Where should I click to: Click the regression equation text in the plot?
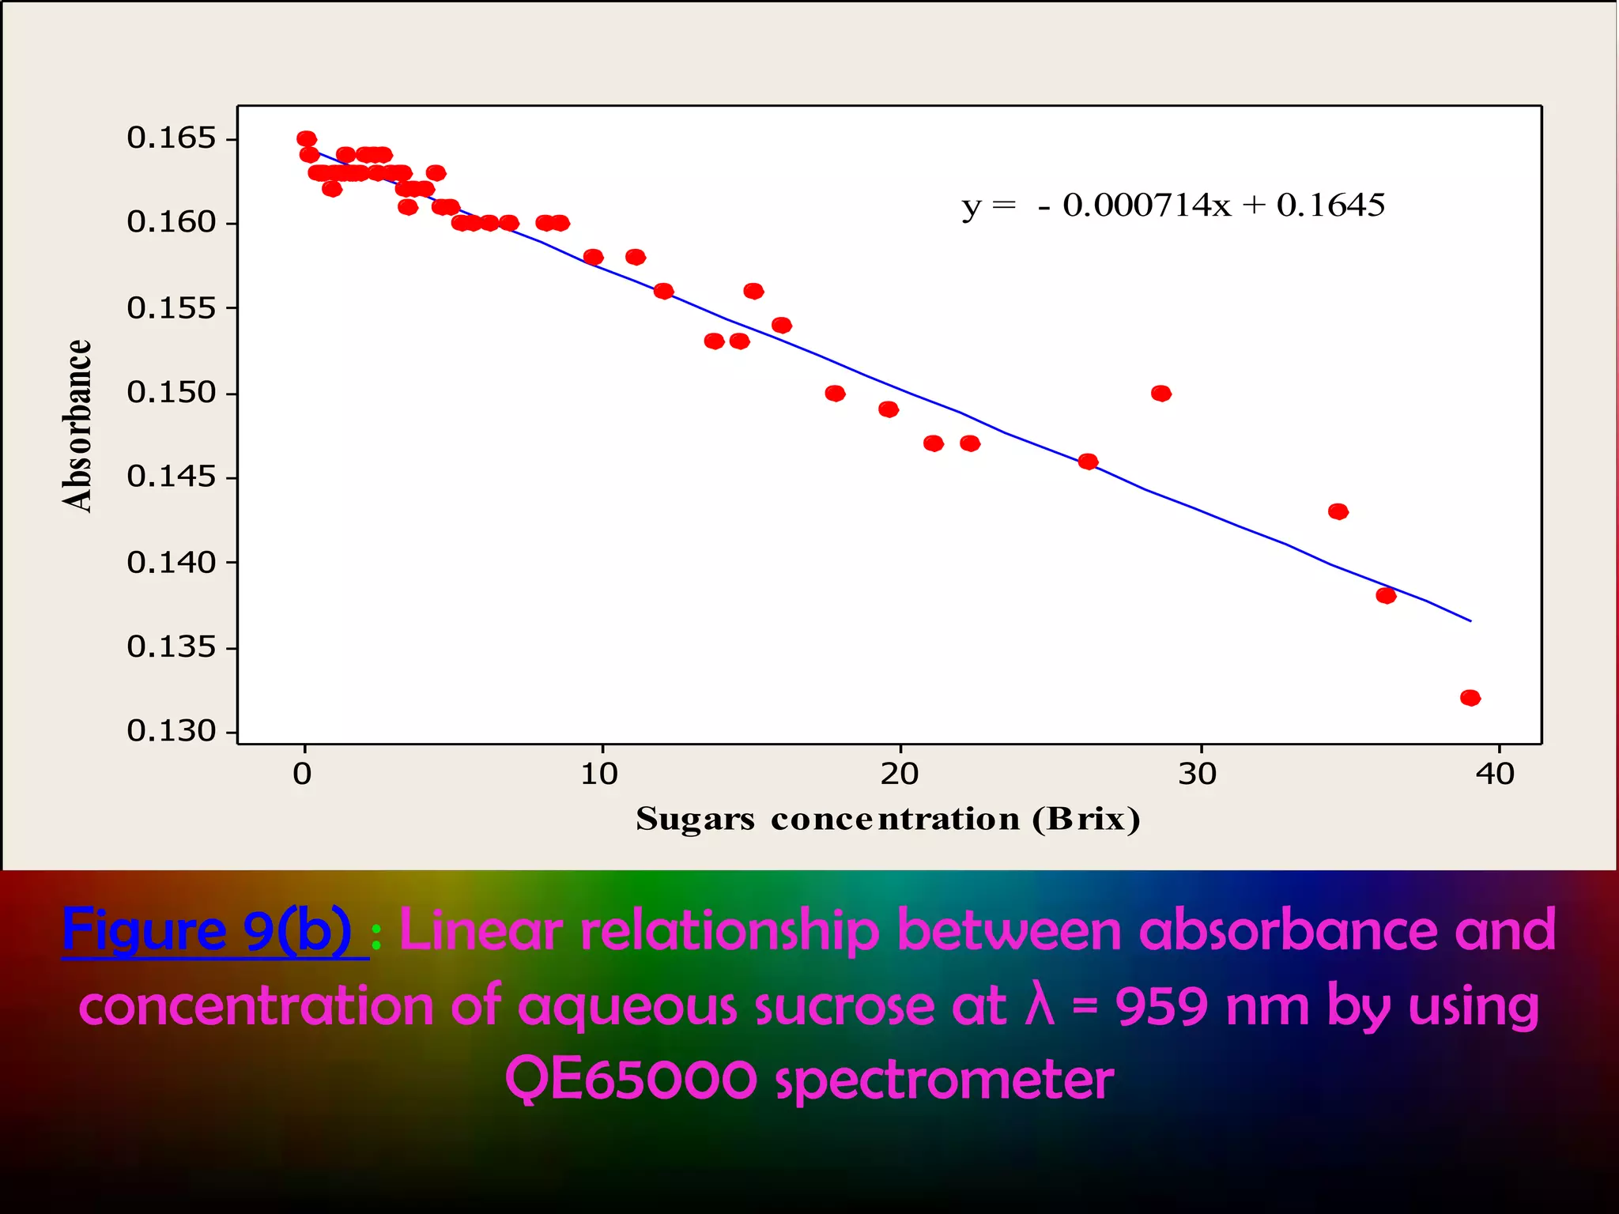coord(1173,205)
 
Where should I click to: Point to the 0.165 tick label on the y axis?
coord(171,138)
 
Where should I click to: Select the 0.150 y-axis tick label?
coord(171,393)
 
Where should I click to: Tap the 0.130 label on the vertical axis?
coord(171,732)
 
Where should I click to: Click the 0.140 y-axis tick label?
coord(171,563)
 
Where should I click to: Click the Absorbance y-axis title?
coord(77,427)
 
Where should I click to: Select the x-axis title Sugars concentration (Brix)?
coord(888,820)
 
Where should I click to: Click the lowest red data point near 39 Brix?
coord(1470,698)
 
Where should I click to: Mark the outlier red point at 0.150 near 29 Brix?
coord(1161,394)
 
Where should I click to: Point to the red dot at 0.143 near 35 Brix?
coord(1338,512)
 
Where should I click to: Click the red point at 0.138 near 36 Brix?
coord(1386,596)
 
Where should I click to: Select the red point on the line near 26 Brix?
coord(1089,462)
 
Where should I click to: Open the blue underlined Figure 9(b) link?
coord(207,931)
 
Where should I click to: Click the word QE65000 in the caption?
coord(631,1080)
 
